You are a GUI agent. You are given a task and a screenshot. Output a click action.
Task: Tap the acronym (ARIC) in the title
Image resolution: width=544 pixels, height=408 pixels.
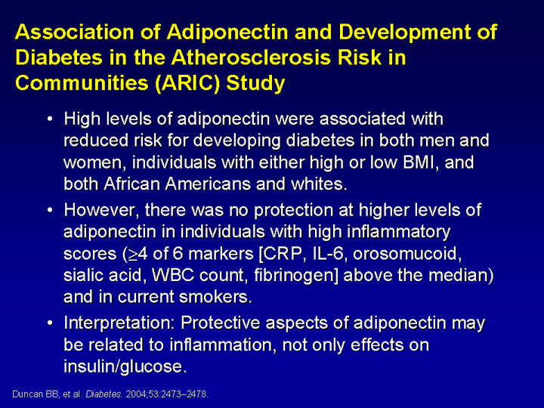click(187, 83)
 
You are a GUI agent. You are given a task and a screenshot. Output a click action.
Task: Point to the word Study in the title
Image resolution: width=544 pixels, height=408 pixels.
click(255, 84)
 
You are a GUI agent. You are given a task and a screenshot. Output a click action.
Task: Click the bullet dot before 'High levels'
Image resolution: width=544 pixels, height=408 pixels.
click(51, 119)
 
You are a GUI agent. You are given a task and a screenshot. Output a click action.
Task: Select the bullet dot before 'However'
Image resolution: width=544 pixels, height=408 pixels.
click(51, 210)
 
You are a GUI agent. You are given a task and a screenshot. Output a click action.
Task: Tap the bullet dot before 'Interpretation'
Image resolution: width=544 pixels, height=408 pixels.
click(51, 323)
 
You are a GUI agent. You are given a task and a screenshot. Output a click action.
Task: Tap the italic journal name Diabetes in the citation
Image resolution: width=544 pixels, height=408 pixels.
click(104, 394)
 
